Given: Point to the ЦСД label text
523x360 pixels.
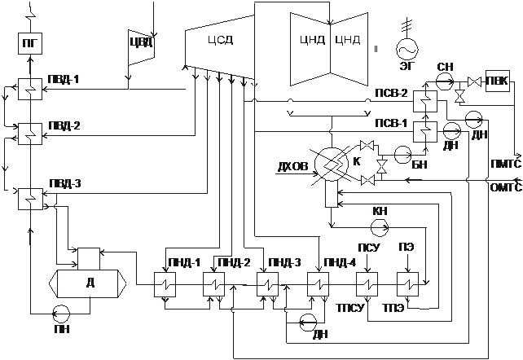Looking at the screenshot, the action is point(221,41).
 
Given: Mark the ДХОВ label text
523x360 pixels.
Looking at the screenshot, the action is point(293,166).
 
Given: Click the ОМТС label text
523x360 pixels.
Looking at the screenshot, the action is point(506,187).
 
